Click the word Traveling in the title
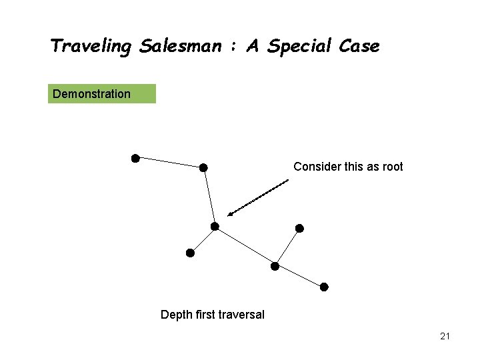click(92, 46)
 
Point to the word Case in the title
click(359, 46)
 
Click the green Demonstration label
click(103, 94)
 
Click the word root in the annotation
click(391, 167)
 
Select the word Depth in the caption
click(175, 315)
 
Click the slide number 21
click(445, 337)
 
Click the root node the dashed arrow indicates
click(215, 227)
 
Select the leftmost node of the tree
click(135, 158)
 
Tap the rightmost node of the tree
click(324, 287)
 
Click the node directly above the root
click(203, 167)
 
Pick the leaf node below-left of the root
click(190, 253)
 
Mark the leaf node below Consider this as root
click(299, 228)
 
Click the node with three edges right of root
click(274, 266)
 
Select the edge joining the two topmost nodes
click(169, 163)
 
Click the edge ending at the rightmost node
click(299, 277)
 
